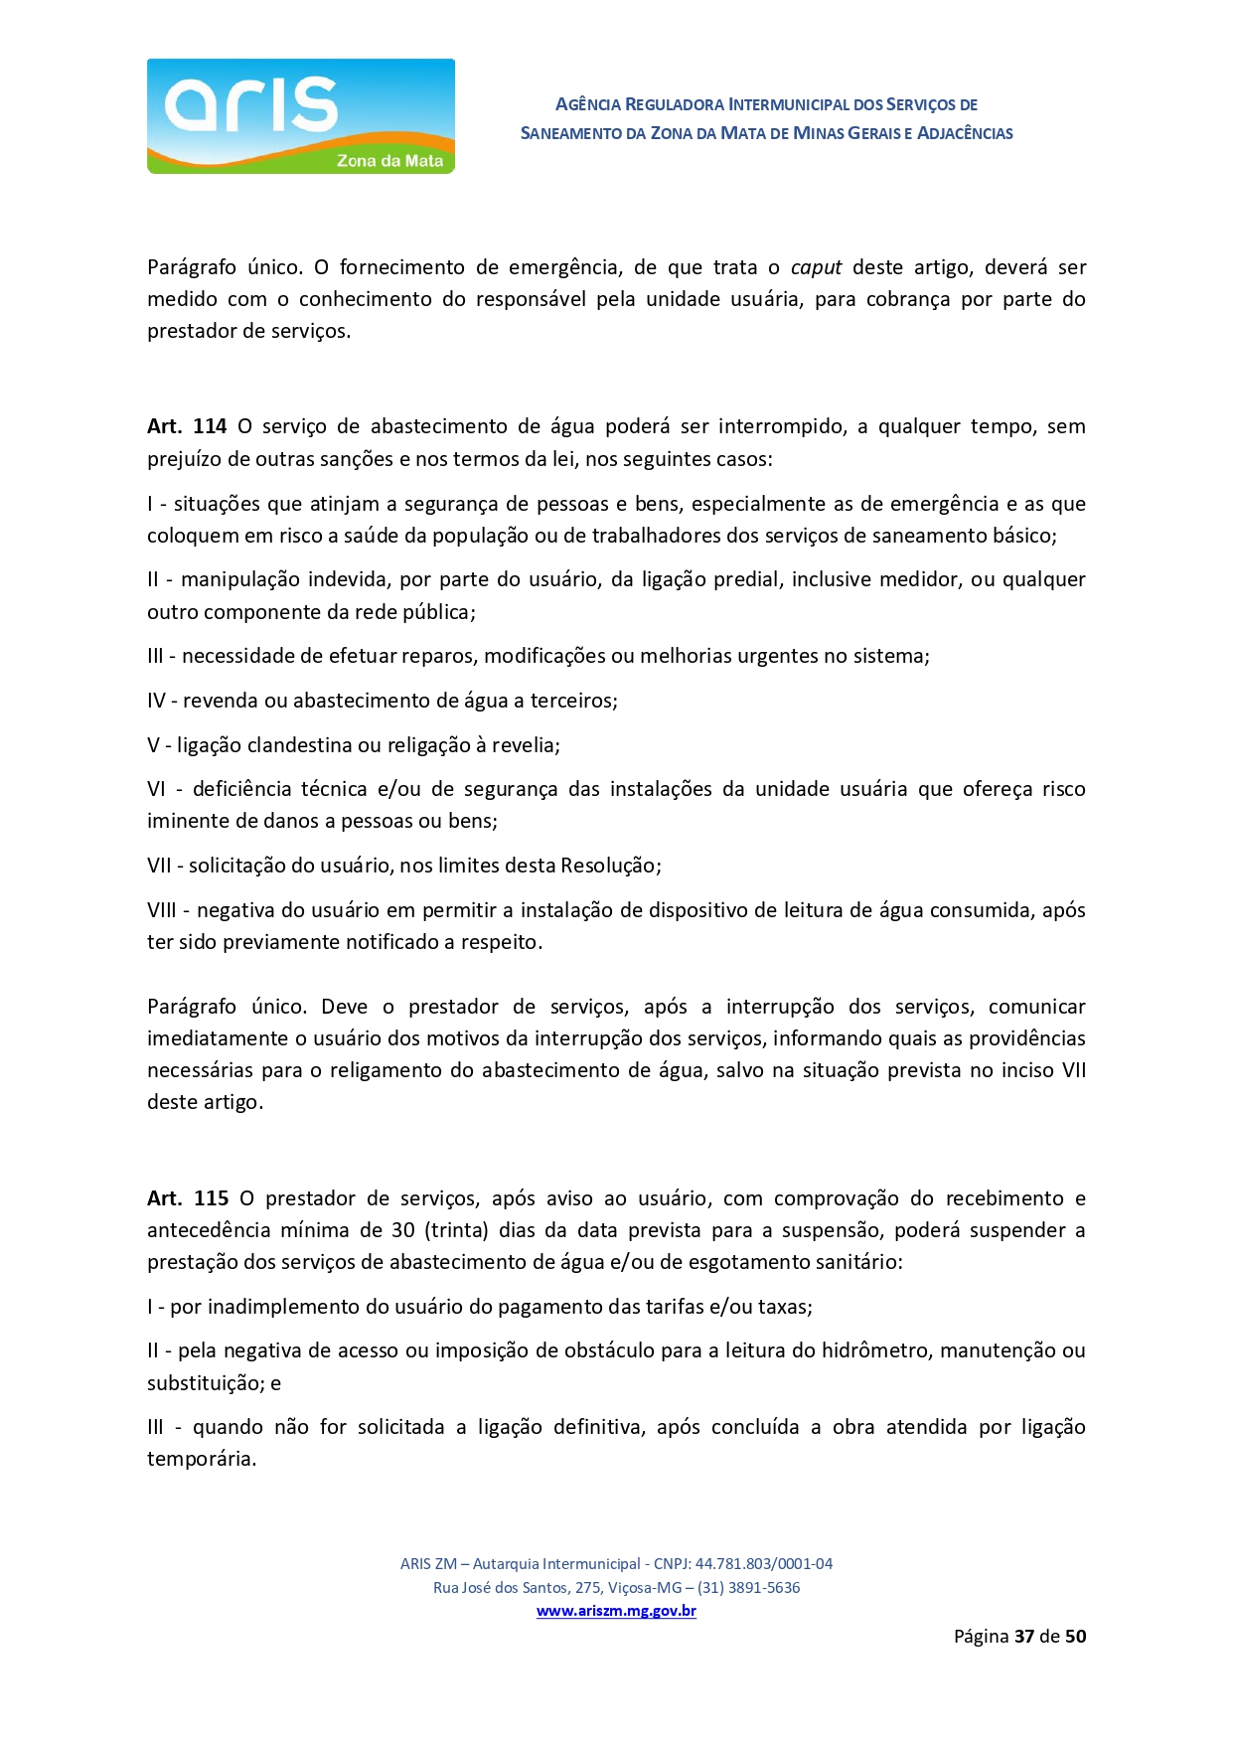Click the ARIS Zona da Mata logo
[x=300, y=116]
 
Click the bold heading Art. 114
[x=187, y=426]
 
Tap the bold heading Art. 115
[x=188, y=1198]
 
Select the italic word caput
[x=816, y=267]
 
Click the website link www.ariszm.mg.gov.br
[x=616, y=1611]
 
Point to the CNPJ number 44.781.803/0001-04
[x=763, y=1563]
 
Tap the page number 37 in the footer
[x=1024, y=1636]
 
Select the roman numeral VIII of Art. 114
[x=161, y=910]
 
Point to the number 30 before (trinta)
[x=402, y=1230]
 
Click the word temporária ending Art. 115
[x=201, y=1459]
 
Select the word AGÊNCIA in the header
[x=587, y=104]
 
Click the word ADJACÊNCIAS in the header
[x=964, y=133]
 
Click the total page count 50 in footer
[x=1075, y=1636]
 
